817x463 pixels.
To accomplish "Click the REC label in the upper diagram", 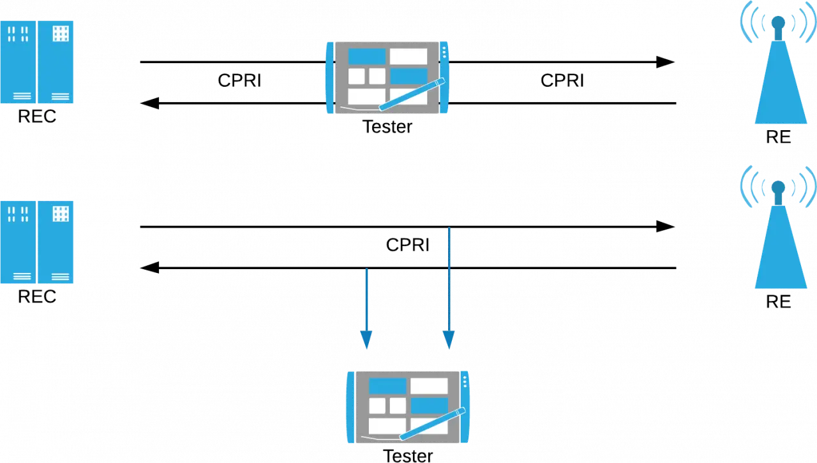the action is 37,117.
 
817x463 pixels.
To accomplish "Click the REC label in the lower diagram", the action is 37,297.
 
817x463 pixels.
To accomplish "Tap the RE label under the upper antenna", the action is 778,137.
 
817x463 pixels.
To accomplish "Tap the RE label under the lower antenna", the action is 778,302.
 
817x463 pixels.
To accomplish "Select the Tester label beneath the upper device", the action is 387,127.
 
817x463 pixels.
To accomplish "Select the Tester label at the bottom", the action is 408,456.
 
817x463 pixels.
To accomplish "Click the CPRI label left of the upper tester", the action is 239,80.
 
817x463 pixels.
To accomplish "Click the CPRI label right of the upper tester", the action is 562,80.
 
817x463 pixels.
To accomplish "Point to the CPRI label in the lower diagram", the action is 408,245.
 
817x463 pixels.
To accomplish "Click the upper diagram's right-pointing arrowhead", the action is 665,62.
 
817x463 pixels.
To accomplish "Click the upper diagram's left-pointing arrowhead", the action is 149,103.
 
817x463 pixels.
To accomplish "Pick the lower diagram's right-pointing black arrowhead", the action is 665,226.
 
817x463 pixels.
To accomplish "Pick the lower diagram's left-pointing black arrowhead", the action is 149,268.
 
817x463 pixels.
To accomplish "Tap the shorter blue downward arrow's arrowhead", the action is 366,340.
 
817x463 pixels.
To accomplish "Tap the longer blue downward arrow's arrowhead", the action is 449,340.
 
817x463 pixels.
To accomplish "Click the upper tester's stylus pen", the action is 412,94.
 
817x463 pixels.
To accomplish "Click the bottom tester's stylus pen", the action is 433,423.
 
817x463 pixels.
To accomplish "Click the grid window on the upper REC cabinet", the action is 61,34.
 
